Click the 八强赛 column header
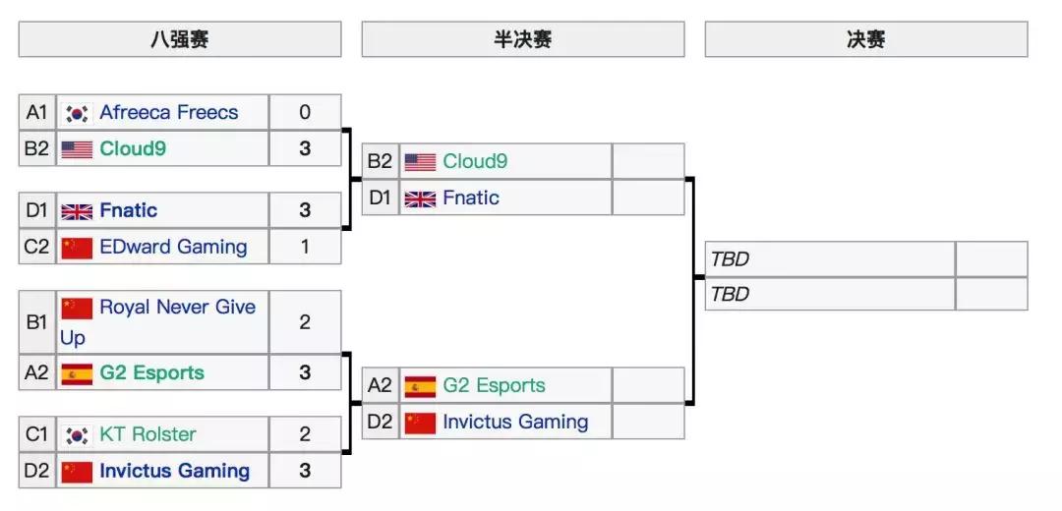pos(179,39)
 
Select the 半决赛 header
pos(522,39)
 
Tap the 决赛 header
pos(865,39)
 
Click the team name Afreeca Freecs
pos(168,112)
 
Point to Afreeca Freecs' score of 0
pos(305,112)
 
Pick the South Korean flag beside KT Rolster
pos(77,434)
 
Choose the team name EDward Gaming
pos(173,247)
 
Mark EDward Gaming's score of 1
pos(305,247)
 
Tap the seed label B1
pos(37,321)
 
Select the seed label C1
pos(37,434)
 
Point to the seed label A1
pos(37,112)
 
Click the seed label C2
pos(37,247)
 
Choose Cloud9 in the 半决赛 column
pos(475,161)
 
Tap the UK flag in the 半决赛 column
pos(420,199)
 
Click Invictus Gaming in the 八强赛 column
pos(174,471)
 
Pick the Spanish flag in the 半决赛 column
pos(420,385)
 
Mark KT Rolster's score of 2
pos(305,434)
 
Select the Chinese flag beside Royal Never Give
pos(77,309)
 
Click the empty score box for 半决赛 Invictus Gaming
pos(647,422)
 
